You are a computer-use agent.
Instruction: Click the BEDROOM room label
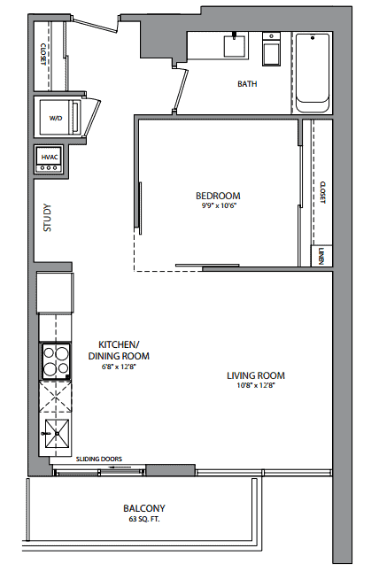point(218,196)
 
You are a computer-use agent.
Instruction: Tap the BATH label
point(247,84)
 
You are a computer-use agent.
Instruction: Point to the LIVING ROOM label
point(256,375)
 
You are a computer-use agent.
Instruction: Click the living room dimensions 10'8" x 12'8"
point(256,386)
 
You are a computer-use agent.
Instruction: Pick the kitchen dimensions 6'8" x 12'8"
point(119,367)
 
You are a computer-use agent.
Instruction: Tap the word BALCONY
point(144,508)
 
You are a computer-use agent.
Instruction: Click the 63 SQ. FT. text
point(144,519)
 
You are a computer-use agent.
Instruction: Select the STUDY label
point(47,218)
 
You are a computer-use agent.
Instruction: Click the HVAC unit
point(50,159)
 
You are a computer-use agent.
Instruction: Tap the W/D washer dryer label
point(56,119)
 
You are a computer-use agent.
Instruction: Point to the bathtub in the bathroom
point(313,73)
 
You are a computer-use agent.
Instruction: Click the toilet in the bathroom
point(271,50)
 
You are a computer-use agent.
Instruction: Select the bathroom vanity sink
point(236,45)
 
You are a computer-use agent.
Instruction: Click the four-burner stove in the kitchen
point(56,361)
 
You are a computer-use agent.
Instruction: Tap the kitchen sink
point(57,434)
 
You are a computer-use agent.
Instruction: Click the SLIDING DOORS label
point(99,459)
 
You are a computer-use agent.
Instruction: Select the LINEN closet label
point(321,256)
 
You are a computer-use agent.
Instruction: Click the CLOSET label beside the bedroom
point(323,192)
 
